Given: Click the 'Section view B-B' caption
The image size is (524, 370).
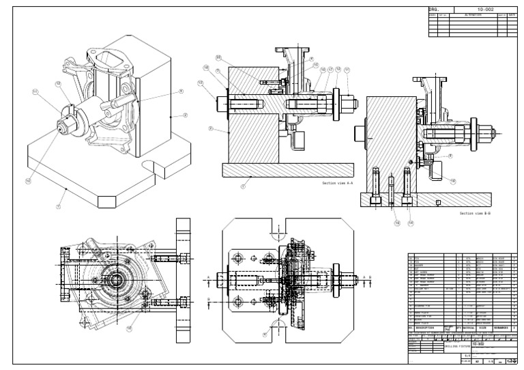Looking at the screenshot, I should (476, 213).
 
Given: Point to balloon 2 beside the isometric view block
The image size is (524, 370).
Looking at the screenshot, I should (185, 115).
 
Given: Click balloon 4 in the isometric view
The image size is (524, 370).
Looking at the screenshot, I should (181, 91).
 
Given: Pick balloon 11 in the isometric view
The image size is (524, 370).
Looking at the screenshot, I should (35, 90).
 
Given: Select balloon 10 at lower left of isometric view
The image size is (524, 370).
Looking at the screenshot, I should (29, 181).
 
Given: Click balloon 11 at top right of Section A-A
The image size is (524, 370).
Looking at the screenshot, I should (347, 69).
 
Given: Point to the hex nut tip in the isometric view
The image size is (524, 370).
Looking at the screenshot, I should (57, 128).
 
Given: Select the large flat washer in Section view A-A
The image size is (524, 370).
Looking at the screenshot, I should (336, 104).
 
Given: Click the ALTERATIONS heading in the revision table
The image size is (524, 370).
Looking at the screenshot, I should (473, 14).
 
